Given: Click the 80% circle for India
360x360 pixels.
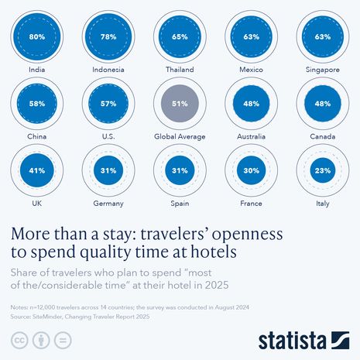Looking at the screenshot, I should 36,36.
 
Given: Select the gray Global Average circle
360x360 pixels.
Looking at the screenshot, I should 179,102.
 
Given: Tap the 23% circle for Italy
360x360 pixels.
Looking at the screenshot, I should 322,170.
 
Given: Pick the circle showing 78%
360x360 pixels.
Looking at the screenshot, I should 108,36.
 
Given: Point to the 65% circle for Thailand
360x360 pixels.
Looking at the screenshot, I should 179,36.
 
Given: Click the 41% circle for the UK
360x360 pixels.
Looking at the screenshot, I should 36,170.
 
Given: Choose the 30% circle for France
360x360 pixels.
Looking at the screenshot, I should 251,170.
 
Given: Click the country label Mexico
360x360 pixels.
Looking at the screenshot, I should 251,69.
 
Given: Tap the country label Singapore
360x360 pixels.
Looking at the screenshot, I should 322,69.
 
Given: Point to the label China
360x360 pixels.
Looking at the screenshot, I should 36,136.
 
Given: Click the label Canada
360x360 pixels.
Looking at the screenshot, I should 322,136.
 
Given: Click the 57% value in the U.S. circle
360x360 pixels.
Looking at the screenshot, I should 108,102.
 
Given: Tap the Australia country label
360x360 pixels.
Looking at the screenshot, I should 251,136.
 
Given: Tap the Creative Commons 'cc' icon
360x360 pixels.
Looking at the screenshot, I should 17,341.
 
